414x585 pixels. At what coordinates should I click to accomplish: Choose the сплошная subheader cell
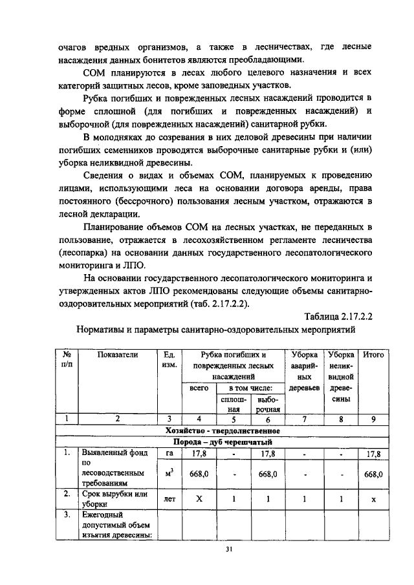point(234,404)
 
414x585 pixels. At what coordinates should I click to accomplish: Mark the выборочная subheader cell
point(267,404)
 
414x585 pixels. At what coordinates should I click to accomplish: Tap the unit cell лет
point(169,500)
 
